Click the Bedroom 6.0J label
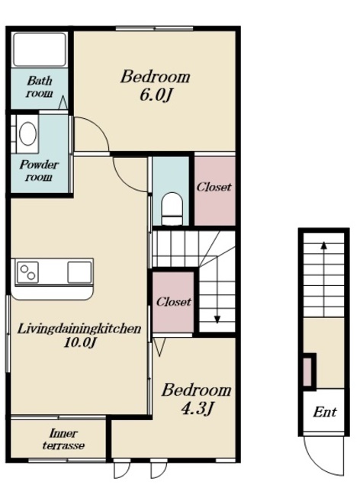tap(155, 85)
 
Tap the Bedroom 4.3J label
tap(196, 400)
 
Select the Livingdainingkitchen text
tap(79, 329)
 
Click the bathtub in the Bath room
tap(40, 50)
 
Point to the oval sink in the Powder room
tap(27, 133)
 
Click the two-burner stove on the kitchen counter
tap(27, 273)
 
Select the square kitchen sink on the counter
tap(79, 273)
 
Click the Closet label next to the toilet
tap(214, 187)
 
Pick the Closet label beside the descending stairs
tap(173, 302)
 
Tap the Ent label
tap(324, 412)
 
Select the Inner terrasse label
tap(63, 439)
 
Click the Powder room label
tap(39, 171)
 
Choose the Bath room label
tap(39, 86)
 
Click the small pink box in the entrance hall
tap(307, 372)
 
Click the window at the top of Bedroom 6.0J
tap(155, 29)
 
